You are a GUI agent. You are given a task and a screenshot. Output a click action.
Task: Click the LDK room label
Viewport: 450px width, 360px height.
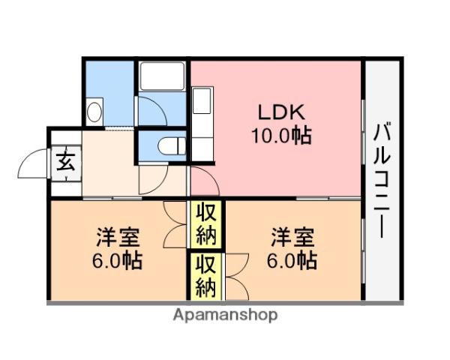click(281, 112)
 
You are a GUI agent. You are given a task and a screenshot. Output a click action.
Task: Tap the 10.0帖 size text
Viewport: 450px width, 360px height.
click(281, 135)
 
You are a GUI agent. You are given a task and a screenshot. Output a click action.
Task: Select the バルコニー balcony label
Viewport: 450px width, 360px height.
click(382, 180)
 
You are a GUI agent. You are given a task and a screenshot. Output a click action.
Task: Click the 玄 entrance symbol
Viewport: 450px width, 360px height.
click(66, 162)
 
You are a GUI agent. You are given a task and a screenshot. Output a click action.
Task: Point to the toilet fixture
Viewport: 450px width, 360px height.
click(172, 146)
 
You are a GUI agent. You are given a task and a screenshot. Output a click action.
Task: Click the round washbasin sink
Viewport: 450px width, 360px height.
click(94, 112)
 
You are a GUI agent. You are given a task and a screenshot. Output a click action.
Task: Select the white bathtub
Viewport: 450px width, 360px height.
click(161, 76)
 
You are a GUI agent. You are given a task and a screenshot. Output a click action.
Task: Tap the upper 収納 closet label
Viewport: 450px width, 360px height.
click(205, 224)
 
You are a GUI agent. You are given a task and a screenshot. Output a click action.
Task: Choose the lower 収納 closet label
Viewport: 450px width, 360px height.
click(205, 276)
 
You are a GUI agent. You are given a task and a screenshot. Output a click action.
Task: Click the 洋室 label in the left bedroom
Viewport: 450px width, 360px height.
click(118, 237)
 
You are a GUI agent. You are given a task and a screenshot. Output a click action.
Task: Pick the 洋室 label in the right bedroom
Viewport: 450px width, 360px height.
click(293, 237)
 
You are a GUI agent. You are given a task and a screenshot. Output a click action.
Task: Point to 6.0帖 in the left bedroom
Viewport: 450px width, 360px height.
click(117, 260)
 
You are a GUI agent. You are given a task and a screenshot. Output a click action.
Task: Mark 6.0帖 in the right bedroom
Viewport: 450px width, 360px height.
click(292, 260)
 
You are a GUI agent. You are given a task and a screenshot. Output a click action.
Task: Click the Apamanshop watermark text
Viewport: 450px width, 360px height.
click(225, 316)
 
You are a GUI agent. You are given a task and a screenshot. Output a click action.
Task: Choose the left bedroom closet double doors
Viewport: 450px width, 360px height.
click(175, 224)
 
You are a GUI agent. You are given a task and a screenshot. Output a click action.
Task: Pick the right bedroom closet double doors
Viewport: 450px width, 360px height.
click(237, 277)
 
